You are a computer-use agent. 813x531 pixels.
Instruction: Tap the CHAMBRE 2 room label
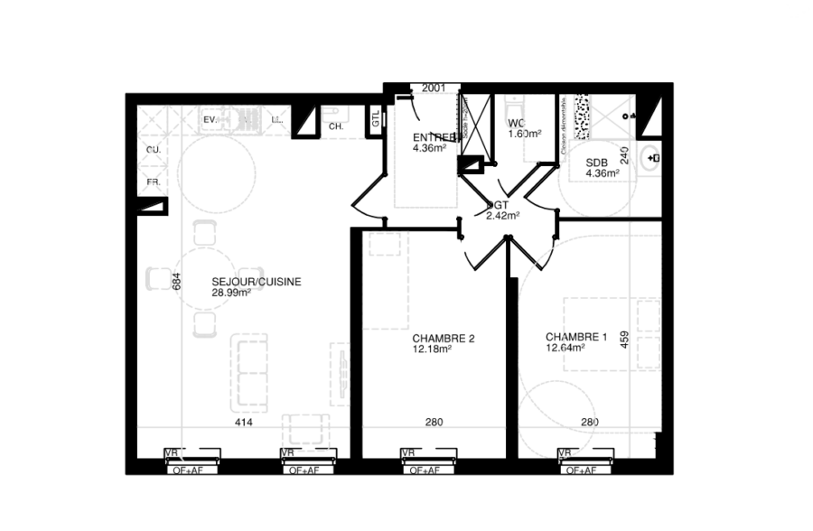tap(444, 339)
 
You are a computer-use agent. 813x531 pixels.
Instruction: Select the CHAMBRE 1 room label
tap(576, 338)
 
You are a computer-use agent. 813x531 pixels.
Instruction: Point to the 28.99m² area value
tap(231, 293)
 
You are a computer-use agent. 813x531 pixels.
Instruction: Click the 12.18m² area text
tap(432, 350)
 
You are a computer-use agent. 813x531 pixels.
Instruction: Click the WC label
tap(516, 123)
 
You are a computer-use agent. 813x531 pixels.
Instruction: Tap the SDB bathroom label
tap(595, 163)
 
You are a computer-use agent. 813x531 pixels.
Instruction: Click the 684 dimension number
tap(178, 282)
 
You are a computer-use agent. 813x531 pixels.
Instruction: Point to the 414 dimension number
tap(242, 422)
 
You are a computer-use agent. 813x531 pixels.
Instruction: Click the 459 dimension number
tap(624, 340)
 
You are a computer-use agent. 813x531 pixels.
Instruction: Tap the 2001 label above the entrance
tap(434, 88)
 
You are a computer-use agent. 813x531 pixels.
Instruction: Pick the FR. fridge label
tap(154, 182)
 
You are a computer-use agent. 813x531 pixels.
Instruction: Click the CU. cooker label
tap(154, 150)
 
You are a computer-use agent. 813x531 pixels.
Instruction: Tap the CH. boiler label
tap(336, 127)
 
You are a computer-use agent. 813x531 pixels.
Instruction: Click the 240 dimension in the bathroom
tap(623, 154)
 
